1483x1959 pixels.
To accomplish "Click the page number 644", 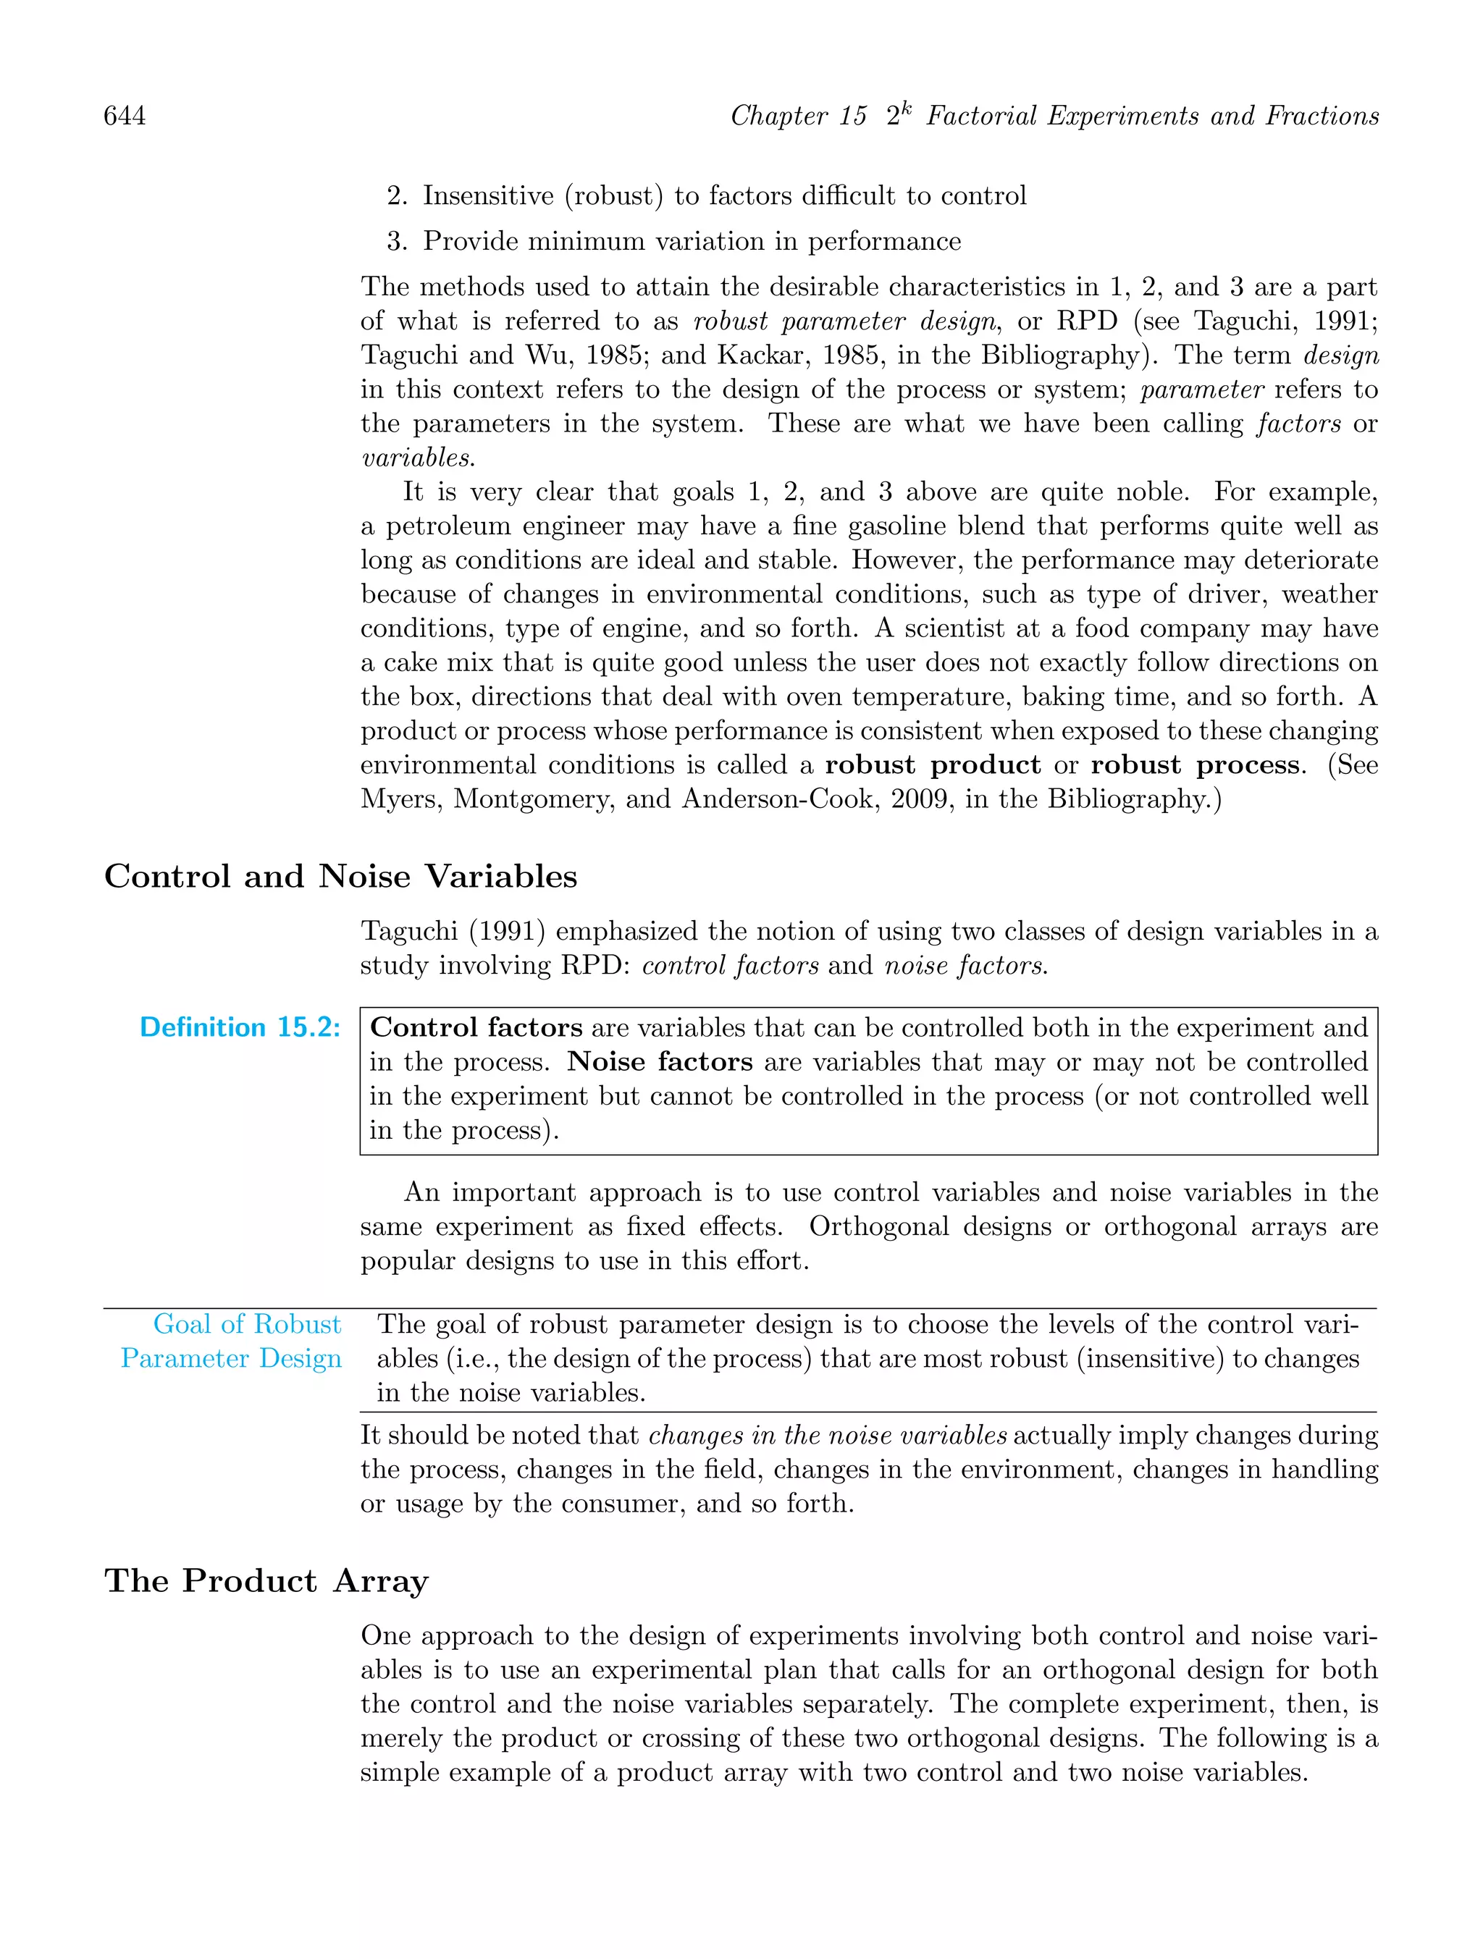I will [x=125, y=116].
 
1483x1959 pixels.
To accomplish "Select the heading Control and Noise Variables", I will [x=340, y=876].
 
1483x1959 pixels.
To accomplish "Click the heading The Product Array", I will [x=266, y=1581].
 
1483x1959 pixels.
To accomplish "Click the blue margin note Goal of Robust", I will [x=246, y=1324].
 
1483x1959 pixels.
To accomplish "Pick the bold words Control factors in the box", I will [x=476, y=1027].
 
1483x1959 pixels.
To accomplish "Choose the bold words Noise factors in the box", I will [x=660, y=1062].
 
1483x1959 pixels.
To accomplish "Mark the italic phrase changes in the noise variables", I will [x=828, y=1436].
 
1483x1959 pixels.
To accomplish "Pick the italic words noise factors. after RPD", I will [x=966, y=965].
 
